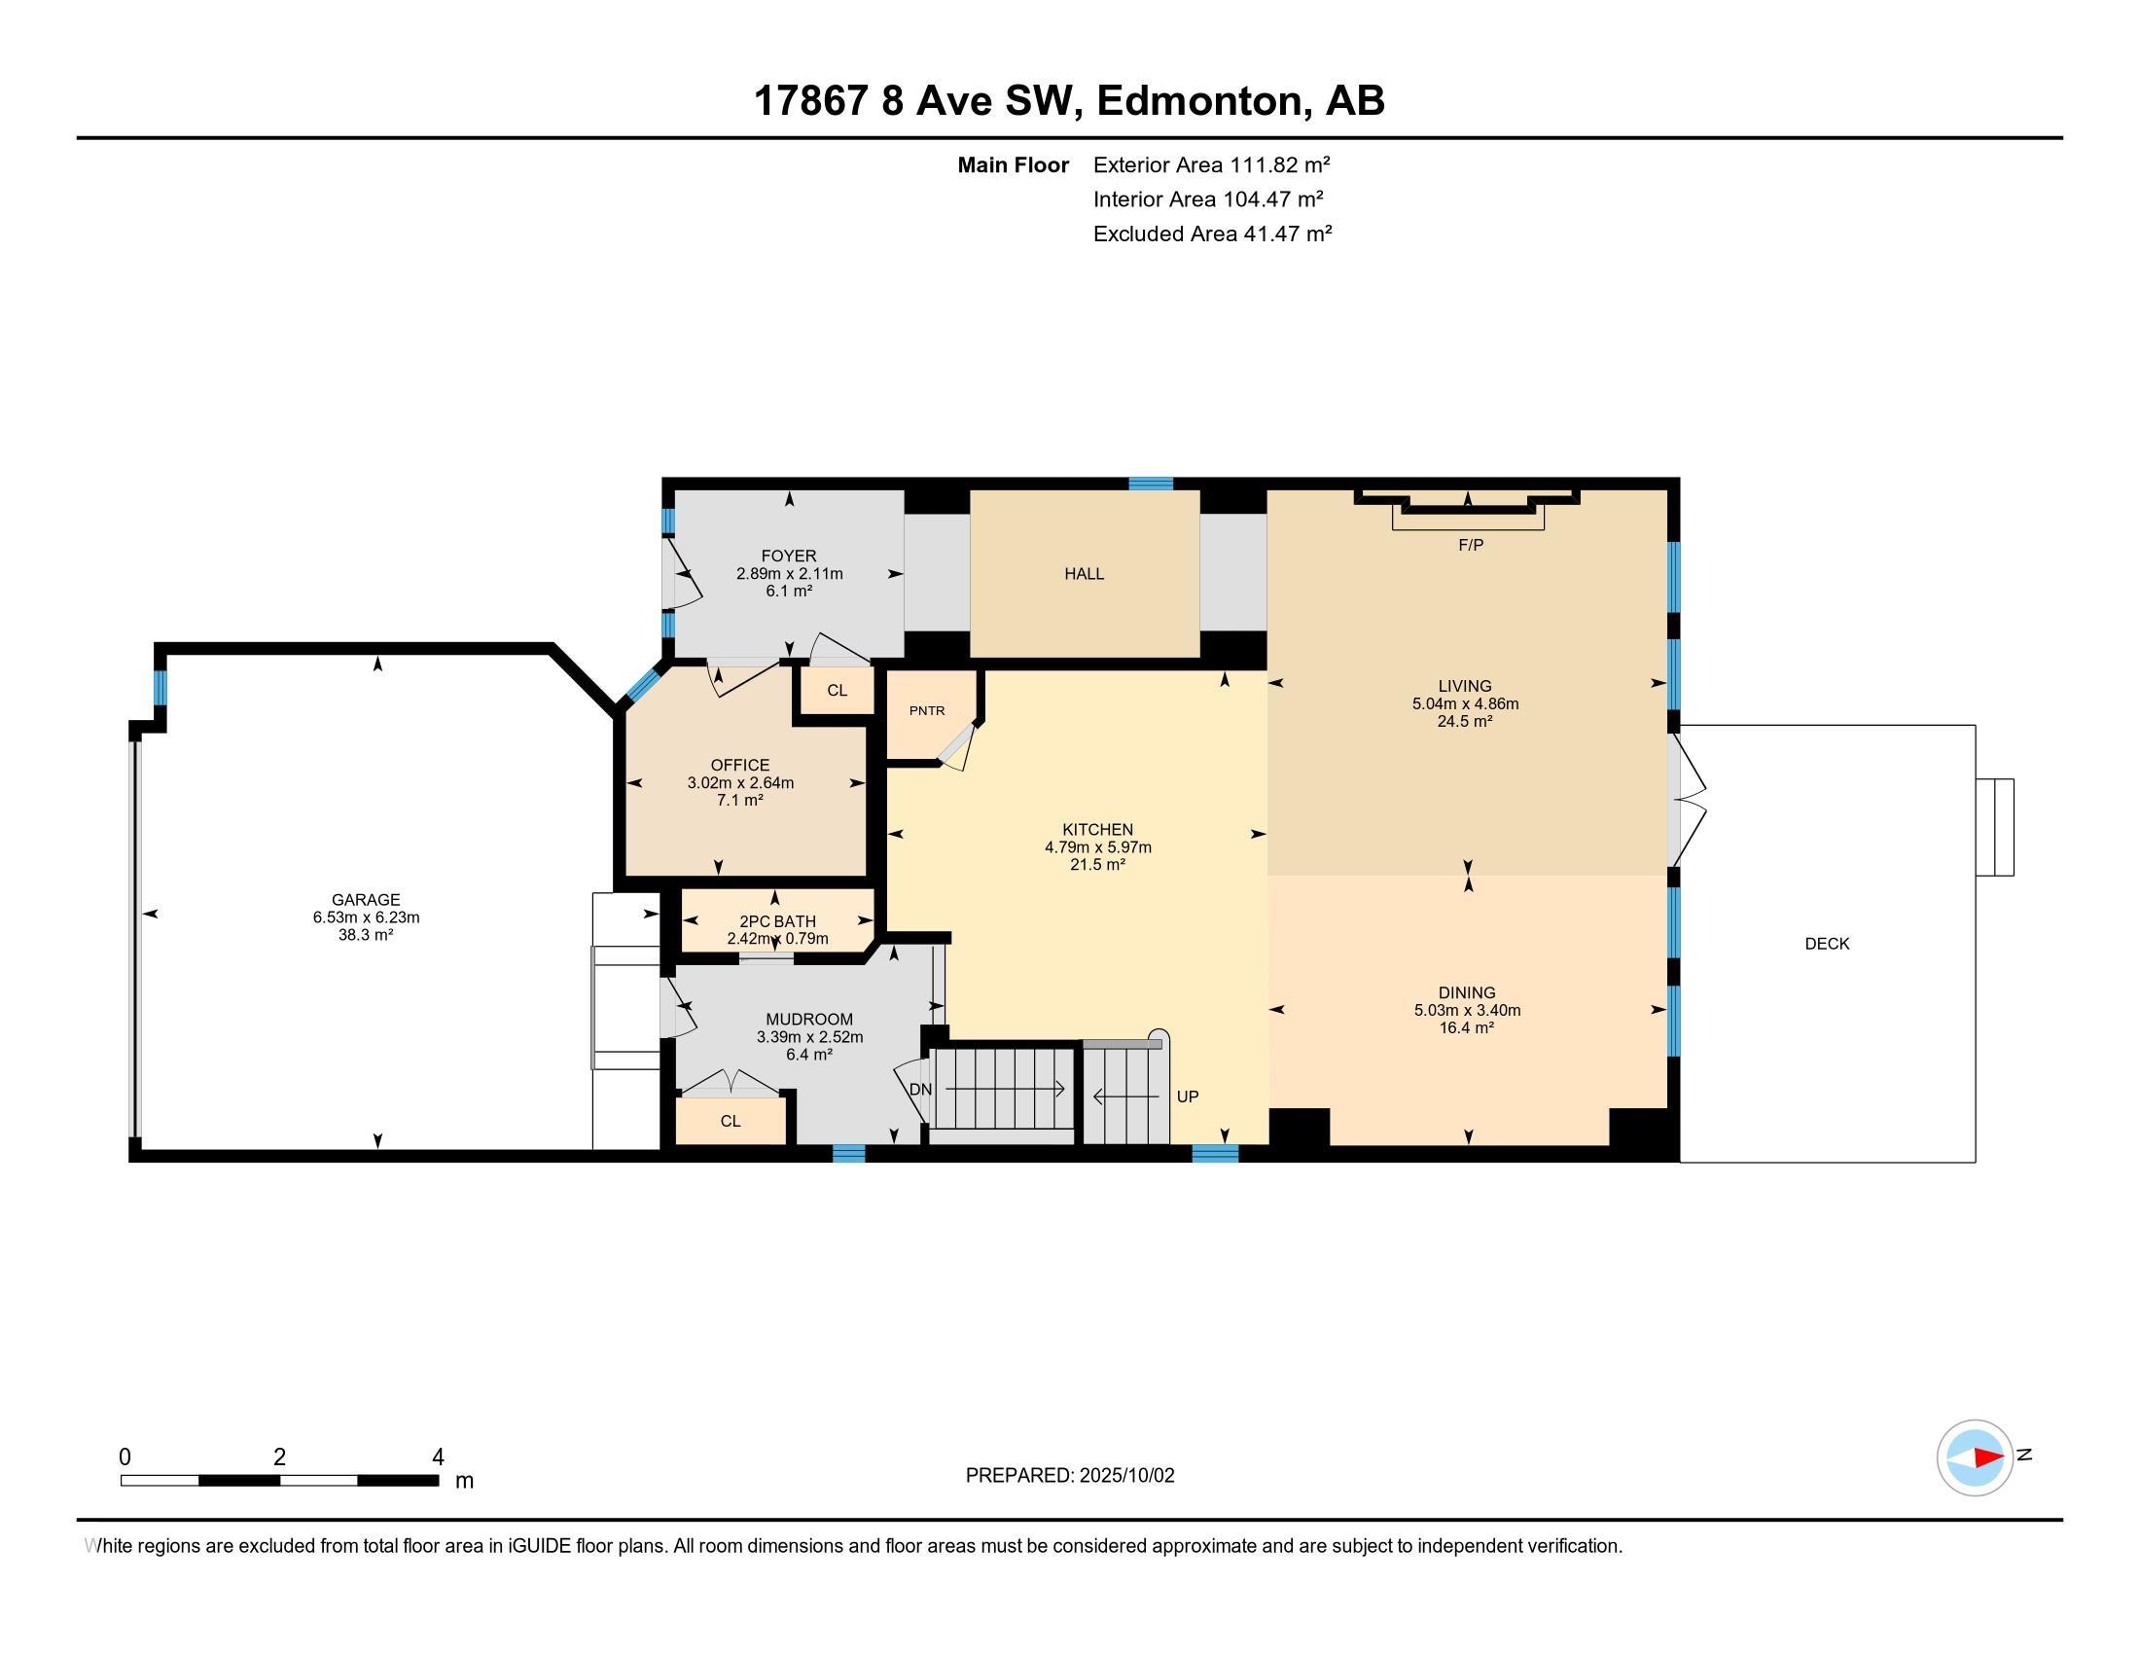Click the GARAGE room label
[x=366, y=900]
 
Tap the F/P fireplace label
[x=1471, y=545]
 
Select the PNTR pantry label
[x=927, y=710]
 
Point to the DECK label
[x=1828, y=944]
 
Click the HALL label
[x=1085, y=574]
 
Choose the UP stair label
[x=1188, y=1097]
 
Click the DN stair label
[x=921, y=1090]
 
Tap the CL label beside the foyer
[x=837, y=690]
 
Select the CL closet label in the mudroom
[x=731, y=1121]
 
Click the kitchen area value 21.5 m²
[x=1097, y=865]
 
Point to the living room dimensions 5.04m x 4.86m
[x=1465, y=703]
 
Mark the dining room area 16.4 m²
[x=1467, y=1027]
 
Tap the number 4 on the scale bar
[x=438, y=1457]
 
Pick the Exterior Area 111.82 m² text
[x=1211, y=164]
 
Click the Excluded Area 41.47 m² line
[x=1212, y=234]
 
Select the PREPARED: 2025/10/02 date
[x=1070, y=1476]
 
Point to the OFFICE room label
[x=741, y=766]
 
